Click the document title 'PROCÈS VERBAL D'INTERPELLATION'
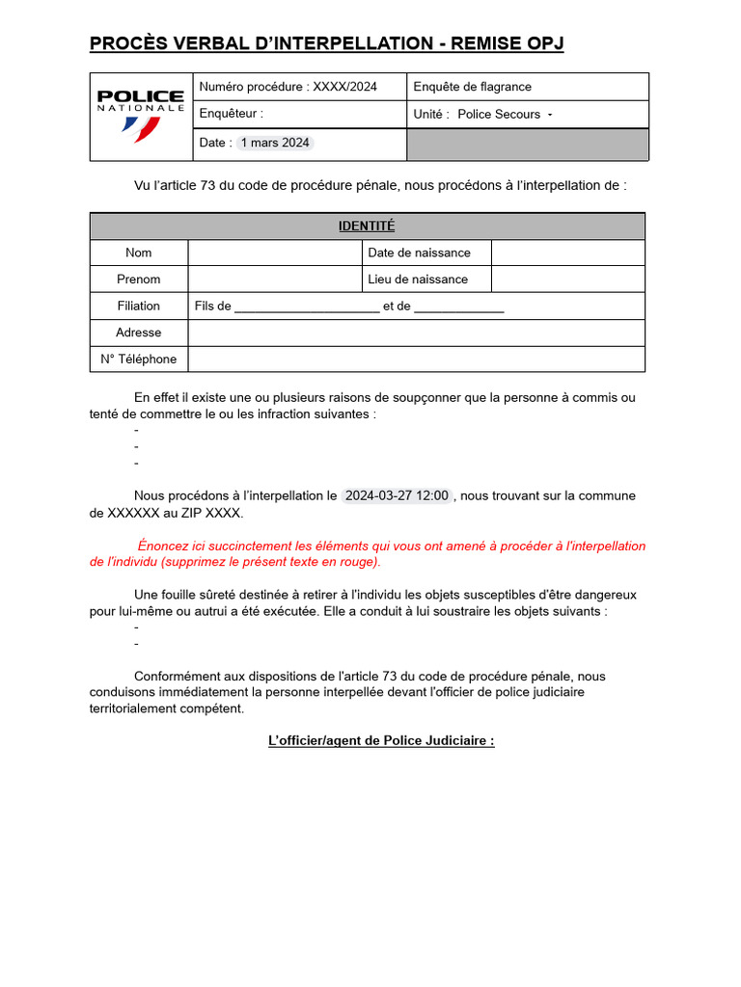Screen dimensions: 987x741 [x=326, y=43]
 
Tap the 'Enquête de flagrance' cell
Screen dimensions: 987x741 [x=472, y=87]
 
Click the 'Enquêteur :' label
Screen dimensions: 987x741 [x=231, y=114]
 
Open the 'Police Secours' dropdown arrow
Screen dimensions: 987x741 [x=550, y=115]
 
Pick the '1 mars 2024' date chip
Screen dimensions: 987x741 [x=275, y=143]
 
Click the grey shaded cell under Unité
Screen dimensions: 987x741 [x=527, y=145]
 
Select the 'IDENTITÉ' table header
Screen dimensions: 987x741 [x=367, y=227]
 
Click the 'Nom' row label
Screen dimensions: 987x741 [x=139, y=253]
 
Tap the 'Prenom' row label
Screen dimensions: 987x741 [x=139, y=280]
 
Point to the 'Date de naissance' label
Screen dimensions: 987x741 [x=419, y=253]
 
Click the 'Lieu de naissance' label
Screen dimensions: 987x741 [x=418, y=280]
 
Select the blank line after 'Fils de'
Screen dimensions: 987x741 [x=307, y=307]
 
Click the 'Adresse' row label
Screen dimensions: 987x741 [x=139, y=333]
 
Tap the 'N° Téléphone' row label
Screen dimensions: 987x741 [x=139, y=360]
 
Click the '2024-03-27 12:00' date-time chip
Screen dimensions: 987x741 [x=397, y=495]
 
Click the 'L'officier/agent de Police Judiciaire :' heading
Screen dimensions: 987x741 [x=381, y=741]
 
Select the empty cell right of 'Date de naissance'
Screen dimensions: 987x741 [x=567, y=253]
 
